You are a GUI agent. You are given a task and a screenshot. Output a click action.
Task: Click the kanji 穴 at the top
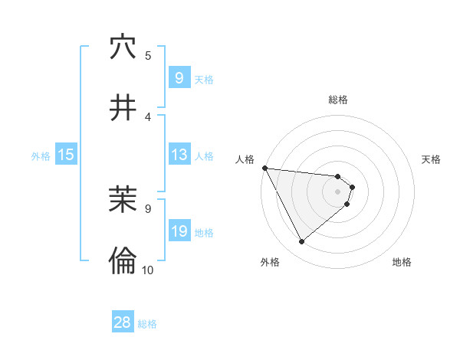123,47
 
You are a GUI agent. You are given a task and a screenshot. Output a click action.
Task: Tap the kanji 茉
123,201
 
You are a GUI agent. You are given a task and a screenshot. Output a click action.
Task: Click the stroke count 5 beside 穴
148,55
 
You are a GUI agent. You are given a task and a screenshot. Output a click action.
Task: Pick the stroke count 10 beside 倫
148,270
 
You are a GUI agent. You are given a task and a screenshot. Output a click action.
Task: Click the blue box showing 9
179,78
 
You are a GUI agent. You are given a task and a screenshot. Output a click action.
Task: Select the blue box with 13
179,155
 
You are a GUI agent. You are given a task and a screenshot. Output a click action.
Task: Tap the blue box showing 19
179,231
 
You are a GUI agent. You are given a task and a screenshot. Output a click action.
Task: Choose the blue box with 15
65,155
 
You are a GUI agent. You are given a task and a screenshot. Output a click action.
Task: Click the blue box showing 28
123,322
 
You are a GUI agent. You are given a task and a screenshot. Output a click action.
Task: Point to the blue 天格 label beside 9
204,79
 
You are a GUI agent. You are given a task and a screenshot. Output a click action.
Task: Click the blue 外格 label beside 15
41,155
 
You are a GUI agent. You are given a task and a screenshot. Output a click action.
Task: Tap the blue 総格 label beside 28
147,323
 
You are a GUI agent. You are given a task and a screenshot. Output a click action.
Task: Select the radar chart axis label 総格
338,100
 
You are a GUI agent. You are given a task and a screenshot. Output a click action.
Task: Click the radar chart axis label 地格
402,262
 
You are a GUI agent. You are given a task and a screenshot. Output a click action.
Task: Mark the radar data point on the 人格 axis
264,168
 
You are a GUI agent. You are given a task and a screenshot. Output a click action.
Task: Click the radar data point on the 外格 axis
301,241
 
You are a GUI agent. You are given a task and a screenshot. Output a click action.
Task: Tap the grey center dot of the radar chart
338,191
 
